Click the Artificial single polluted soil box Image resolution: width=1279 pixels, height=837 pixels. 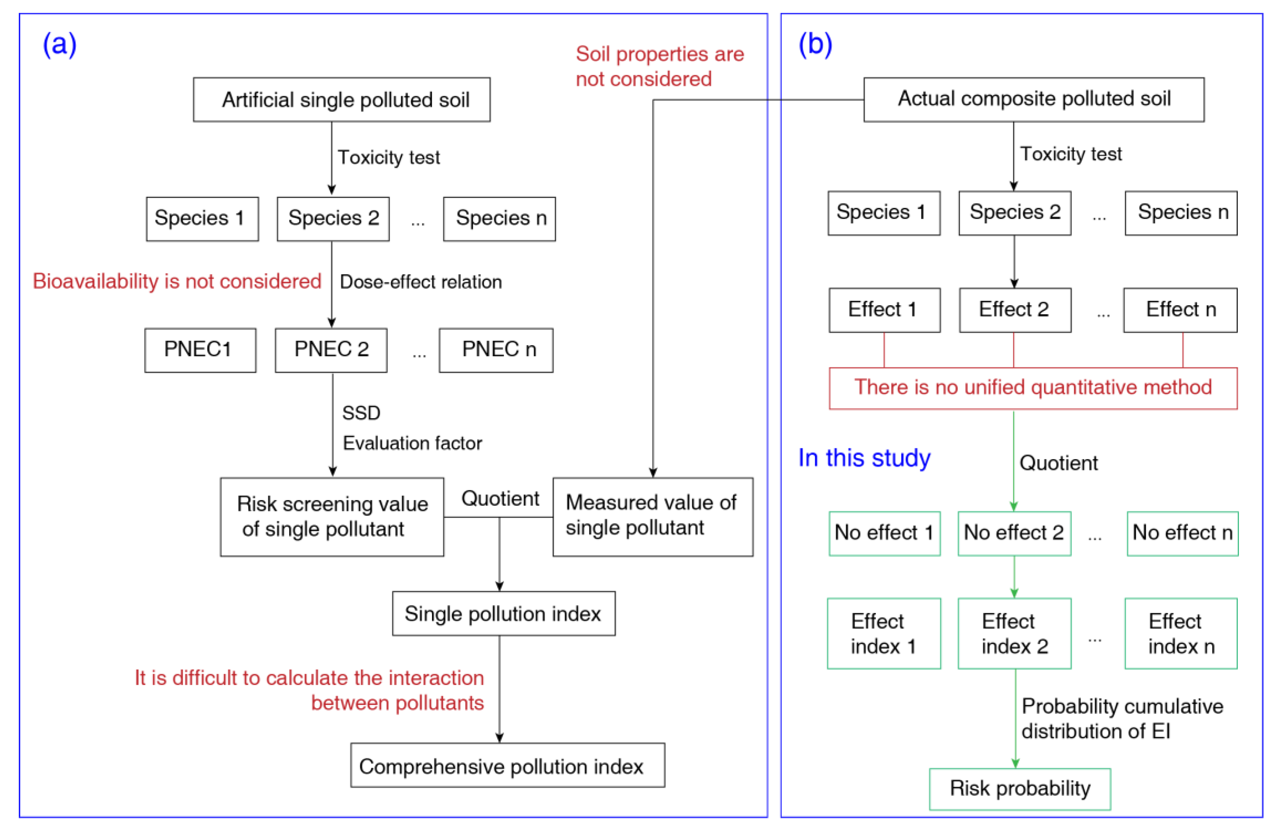click(341, 100)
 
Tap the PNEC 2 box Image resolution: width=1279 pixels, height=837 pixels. click(331, 350)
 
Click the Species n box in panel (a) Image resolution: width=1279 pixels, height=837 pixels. click(499, 219)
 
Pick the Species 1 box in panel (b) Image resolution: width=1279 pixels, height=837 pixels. click(884, 213)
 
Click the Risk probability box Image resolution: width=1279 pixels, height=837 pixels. click(1020, 789)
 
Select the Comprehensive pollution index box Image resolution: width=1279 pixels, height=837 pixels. click(507, 765)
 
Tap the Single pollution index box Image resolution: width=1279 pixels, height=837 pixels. click(503, 614)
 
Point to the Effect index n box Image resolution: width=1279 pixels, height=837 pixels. click(1181, 633)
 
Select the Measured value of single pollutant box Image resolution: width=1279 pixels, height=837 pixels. click(652, 517)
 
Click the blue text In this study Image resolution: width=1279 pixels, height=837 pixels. click(864, 458)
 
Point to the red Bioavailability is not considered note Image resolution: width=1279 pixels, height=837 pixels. click(177, 281)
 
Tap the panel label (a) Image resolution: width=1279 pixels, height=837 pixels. click(60, 44)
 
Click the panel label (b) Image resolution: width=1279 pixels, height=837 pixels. click(815, 44)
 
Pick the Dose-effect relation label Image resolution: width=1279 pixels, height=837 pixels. click(421, 282)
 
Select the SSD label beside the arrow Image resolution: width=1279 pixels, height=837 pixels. click(361, 413)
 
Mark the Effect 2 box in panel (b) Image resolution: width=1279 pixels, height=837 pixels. click(1015, 310)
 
